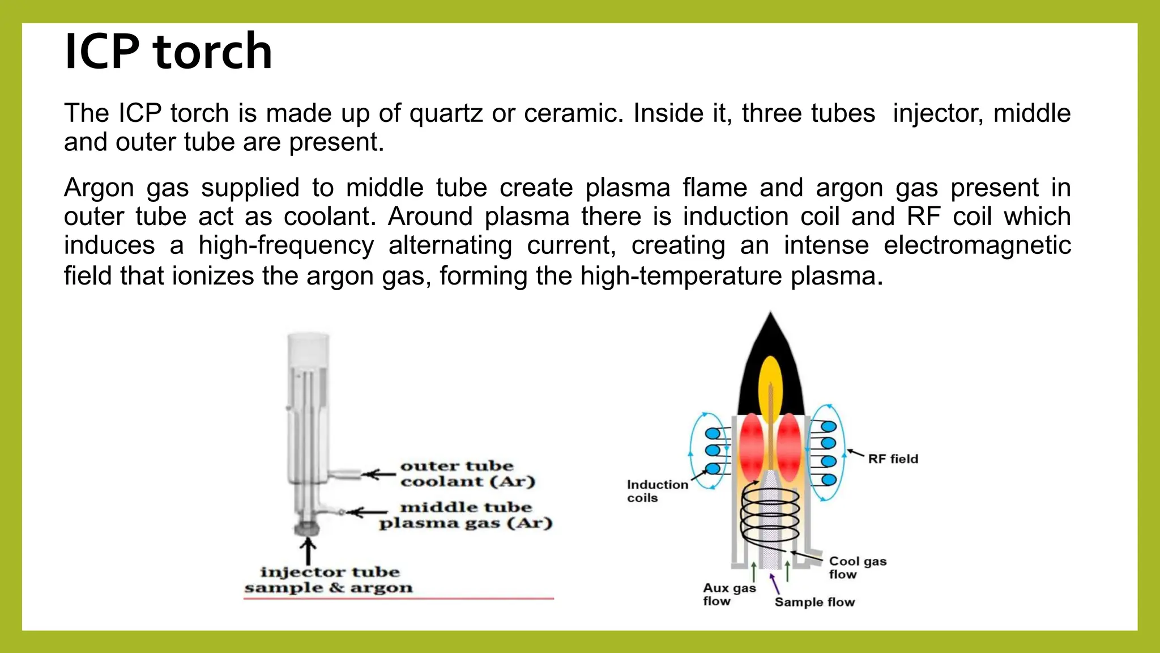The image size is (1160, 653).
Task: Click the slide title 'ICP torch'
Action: (x=168, y=52)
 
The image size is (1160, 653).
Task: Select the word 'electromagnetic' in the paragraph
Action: (x=977, y=245)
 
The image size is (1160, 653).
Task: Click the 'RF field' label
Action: (x=893, y=459)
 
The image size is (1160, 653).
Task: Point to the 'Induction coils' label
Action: (x=657, y=491)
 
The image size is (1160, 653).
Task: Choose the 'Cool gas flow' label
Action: (x=858, y=567)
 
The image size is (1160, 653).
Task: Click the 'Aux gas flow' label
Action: (x=729, y=595)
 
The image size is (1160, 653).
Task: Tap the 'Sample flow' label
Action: (x=814, y=602)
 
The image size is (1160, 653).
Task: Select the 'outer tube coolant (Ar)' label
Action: (x=467, y=473)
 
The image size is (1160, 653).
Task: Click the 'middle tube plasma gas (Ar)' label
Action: (x=466, y=515)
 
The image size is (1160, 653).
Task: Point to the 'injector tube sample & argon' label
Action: (x=329, y=579)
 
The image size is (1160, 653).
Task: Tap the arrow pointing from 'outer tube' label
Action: (x=379, y=474)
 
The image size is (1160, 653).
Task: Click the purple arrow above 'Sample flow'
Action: (x=775, y=584)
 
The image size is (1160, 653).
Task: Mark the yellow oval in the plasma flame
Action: (x=770, y=380)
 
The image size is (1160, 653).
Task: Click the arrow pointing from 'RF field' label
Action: (x=855, y=453)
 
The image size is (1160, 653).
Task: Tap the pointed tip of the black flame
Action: (x=770, y=315)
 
